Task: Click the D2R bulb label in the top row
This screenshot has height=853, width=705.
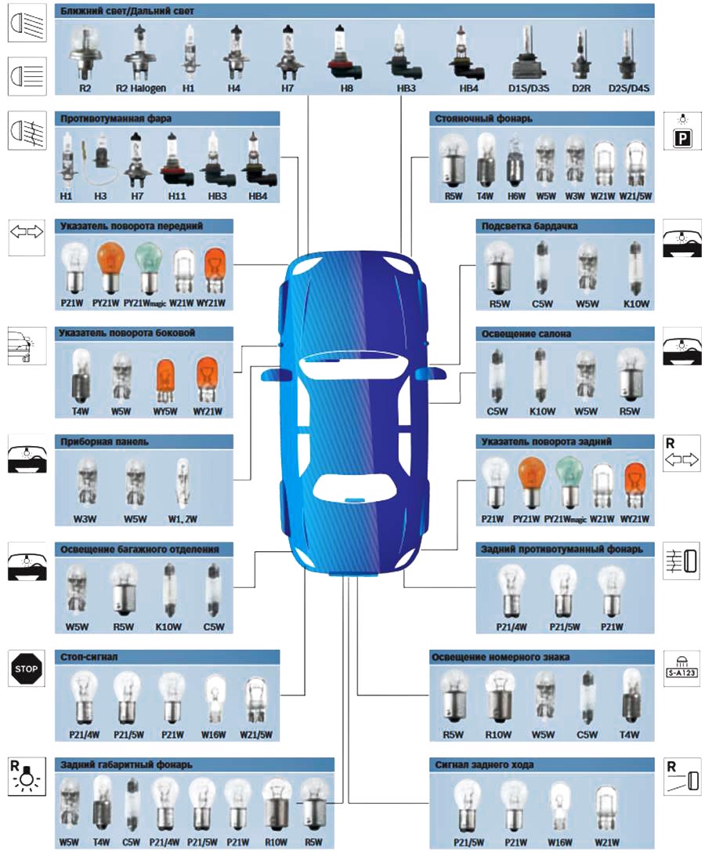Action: tap(580, 89)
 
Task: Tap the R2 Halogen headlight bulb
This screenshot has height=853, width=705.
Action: tap(140, 52)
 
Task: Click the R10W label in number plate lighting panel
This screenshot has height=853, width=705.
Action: tap(497, 735)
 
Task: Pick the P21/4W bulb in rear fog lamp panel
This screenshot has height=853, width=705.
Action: tap(511, 588)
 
